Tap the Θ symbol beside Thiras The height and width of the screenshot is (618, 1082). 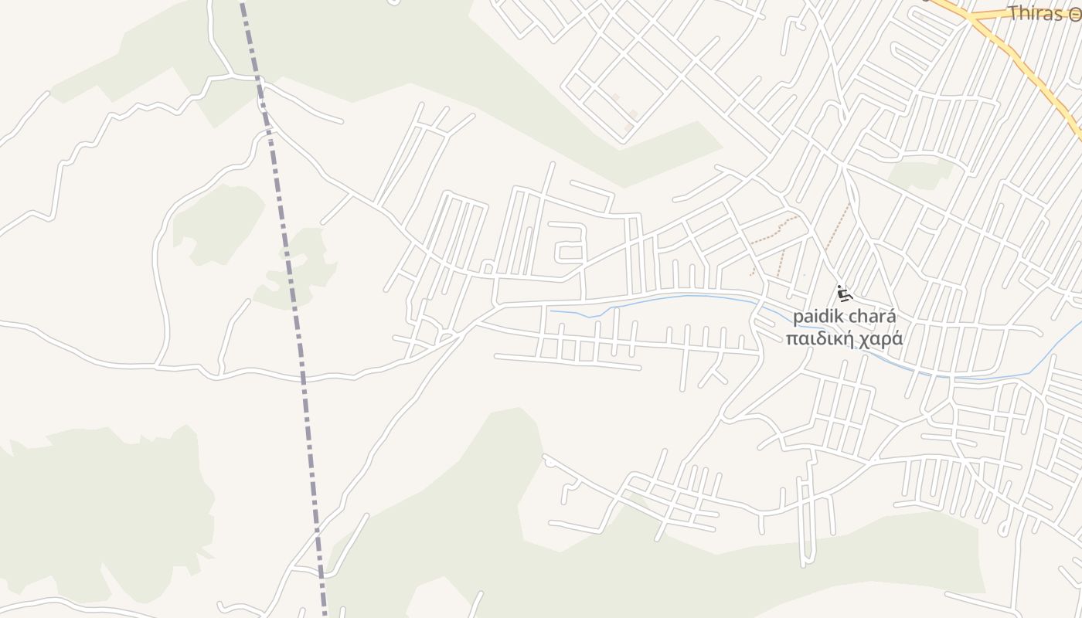[1075, 14]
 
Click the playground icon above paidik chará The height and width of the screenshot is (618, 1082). [844, 294]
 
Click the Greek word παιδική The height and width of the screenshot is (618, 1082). [814, 338]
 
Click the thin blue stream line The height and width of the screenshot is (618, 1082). [680, 297]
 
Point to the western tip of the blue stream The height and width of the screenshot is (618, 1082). [550, 311]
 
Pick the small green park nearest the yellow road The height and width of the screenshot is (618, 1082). [920, 174]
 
